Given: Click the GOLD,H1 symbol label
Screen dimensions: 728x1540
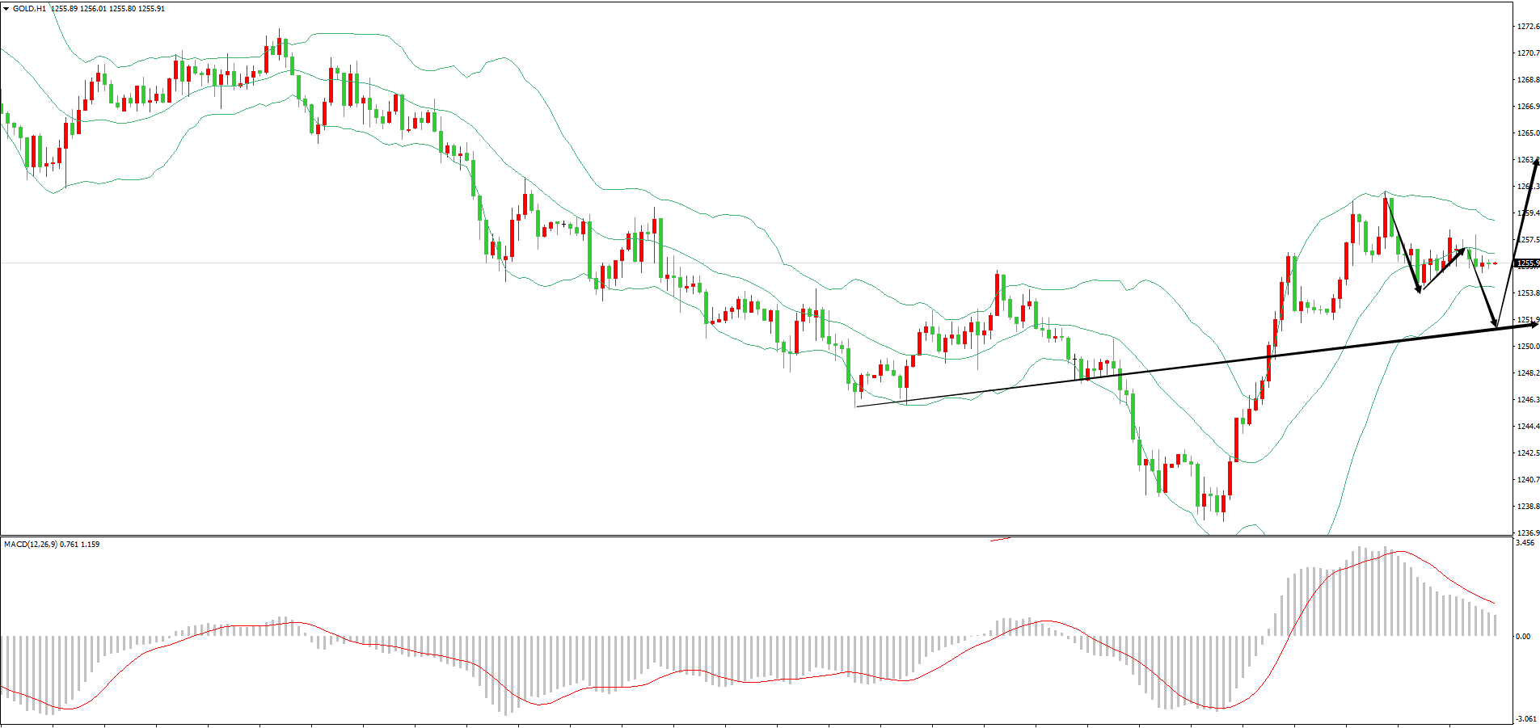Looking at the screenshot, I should (x=29, y=9).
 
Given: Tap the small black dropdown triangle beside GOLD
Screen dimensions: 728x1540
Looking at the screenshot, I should (x=6, y=9).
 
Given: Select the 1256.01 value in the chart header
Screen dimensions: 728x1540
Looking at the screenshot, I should (x=94, y=9).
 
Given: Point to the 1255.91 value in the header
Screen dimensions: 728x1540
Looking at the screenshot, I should (x=151, y=9).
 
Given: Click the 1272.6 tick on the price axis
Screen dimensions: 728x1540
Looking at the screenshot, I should (x=1528, y=27).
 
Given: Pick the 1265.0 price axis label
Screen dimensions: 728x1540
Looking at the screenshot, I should (x=1528, y=133).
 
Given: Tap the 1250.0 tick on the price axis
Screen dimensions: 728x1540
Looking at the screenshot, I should (x=1528, y=347).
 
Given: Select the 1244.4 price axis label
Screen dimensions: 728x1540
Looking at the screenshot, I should (x=1528, y=427).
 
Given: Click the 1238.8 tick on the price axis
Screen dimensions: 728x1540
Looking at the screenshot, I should (x=1528, y=507).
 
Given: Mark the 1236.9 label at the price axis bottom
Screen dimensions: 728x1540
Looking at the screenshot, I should (x=1528, y=532).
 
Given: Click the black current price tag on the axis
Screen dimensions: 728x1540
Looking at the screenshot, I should (x=1527, y=263).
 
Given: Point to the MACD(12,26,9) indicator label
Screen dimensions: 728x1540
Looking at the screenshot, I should (x=31, y=545).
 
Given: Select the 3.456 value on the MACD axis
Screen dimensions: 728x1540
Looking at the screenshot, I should (x=1525, y=543).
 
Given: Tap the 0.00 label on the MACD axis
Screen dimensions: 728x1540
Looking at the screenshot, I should (x=1522, y=637).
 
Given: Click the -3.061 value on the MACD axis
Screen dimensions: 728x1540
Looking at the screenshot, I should (x=1525, y=719).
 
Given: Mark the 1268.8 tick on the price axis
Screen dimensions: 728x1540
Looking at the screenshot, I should (x=1528, y=80).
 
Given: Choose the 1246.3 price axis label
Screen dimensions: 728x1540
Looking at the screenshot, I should (x=1528, y=400).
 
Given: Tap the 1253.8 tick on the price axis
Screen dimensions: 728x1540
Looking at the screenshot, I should (x=1528, y=293).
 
